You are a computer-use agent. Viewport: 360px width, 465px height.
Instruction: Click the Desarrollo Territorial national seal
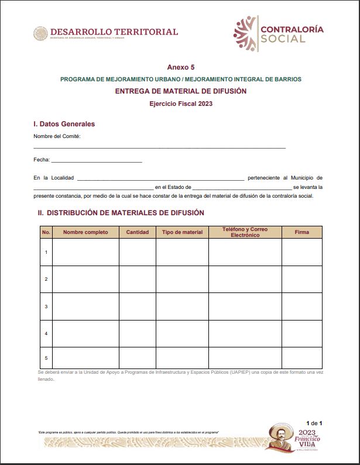[40, 33]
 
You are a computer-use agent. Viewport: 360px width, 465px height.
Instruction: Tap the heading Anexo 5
[180, 67]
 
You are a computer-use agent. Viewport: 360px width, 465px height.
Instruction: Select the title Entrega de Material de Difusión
[180, 91]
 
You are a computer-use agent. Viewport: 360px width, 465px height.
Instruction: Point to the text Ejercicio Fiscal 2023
[180, 104]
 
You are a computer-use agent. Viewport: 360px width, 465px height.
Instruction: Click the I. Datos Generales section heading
[64, 124]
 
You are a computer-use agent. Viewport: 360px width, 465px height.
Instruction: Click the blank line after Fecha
[97, 161]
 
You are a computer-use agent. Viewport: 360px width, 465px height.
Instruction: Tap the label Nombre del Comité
[57, 136]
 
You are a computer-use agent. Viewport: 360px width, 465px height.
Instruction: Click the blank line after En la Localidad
[160, 178]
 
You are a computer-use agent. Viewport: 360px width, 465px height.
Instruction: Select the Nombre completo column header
[85, 232]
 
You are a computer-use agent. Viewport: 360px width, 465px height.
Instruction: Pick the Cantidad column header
[138, 232]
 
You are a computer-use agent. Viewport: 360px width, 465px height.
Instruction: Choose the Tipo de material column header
[182, 232]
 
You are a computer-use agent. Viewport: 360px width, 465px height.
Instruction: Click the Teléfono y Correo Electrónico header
[245, 232]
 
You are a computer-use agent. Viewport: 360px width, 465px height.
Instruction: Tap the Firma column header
[302, 232]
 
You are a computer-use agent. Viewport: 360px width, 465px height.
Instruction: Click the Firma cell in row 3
[302, 306]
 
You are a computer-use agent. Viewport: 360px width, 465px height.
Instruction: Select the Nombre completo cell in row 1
[85, 252]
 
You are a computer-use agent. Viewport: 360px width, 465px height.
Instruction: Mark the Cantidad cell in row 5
[138, 357]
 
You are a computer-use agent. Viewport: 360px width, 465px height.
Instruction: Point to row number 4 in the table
[46, 333]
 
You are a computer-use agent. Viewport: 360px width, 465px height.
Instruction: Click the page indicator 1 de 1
[314, 423]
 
